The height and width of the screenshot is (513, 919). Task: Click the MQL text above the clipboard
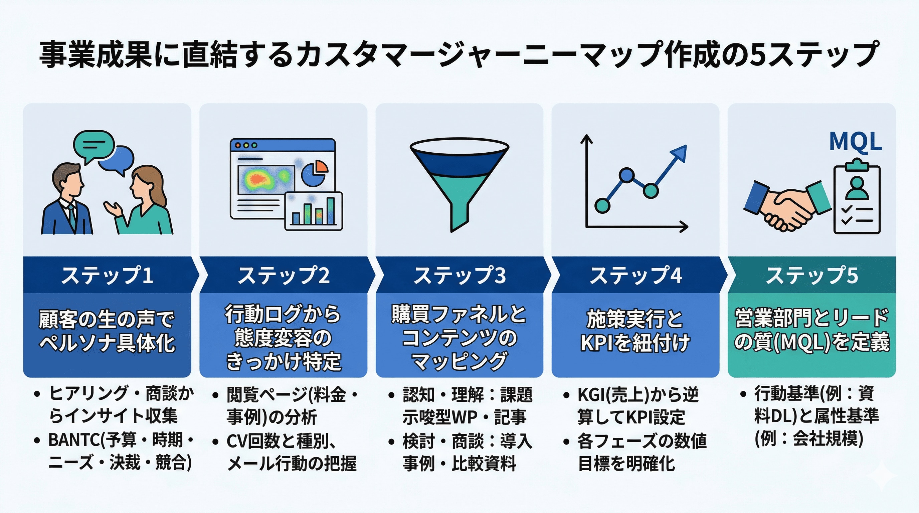click(x=855, y=142)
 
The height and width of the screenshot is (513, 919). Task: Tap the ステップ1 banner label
click(x=107, y=276)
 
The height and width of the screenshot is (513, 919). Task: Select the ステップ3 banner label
click(x=459, y=276)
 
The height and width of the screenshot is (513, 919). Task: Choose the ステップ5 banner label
click(x=811, y=276)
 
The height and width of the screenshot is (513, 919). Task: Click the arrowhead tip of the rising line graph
click(x=684, y=148)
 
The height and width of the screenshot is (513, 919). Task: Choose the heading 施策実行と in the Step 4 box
click(x=635, y=319)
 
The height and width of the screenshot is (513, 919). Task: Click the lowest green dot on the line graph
click(x=602, y=205)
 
